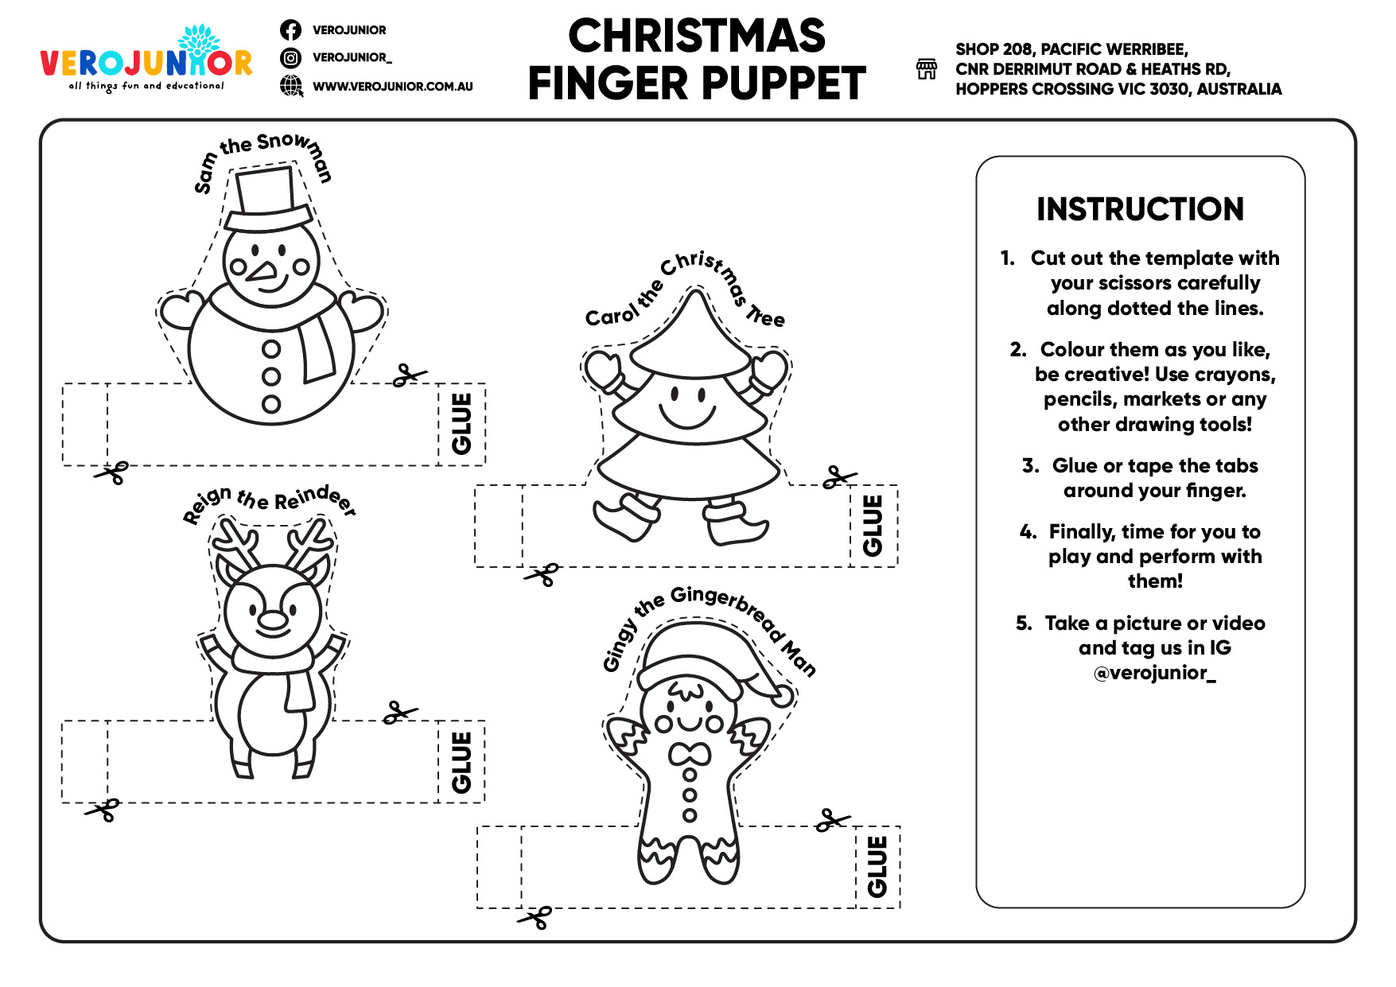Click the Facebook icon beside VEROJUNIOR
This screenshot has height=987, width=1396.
[x=290, y=30]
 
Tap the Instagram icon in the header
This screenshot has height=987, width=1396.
[x=290, y=57]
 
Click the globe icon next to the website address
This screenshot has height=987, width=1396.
[x=291, y=85]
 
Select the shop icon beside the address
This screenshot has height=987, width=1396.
[x=927, y=69]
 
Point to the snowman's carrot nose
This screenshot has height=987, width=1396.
[x=262, y=271]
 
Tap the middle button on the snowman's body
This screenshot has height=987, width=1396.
[x=271, y=376]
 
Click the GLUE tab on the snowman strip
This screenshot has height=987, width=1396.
[x=461, y=424]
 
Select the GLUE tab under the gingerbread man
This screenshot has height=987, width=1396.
[x=877, y=867]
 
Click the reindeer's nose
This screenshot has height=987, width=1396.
[x=273, y=620]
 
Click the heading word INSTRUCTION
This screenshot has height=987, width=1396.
[x=1139, y=209]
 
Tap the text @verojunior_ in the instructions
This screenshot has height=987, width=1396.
[x=1154, y=673]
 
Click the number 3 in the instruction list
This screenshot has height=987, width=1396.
[x=1030, y=465]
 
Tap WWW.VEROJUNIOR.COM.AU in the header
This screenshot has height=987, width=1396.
[x=392, y=86]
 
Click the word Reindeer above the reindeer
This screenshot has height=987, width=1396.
[x=315, y=499]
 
